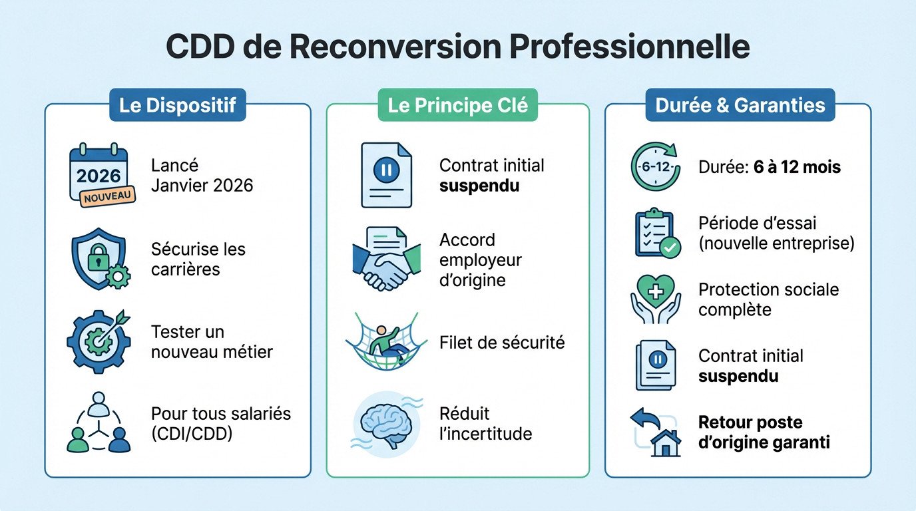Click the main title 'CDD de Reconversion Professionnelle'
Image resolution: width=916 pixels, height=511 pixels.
457,49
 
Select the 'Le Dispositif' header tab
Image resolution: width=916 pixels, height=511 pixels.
178,106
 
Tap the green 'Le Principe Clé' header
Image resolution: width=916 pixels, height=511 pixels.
458,106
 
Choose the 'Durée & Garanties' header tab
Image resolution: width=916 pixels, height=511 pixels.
740,106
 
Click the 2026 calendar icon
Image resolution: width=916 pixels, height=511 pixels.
99,172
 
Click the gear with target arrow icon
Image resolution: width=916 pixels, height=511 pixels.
99,341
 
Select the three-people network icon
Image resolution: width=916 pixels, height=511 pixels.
99,423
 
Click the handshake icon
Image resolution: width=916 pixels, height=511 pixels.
386,259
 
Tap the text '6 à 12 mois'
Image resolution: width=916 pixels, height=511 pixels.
797,166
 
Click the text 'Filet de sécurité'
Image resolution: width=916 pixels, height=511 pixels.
502,342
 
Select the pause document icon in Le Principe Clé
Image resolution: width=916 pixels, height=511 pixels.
386,174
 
